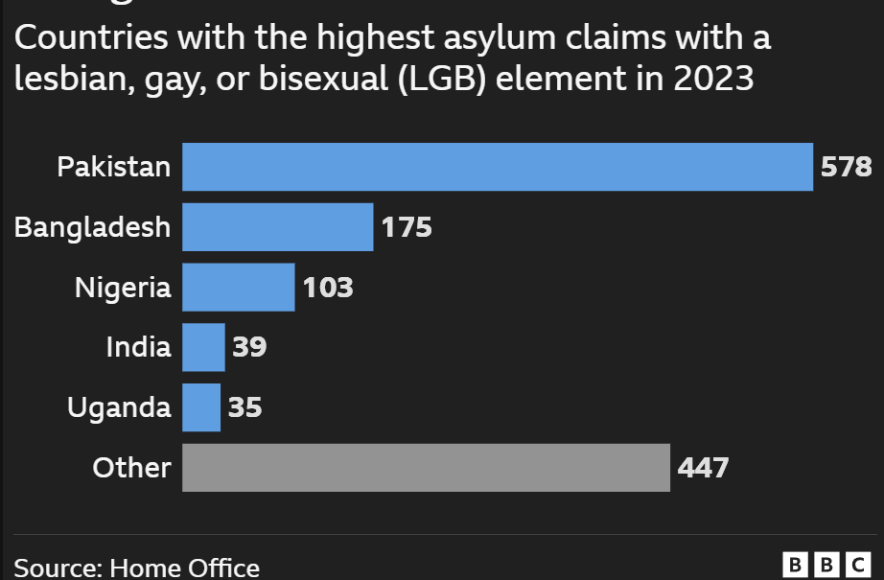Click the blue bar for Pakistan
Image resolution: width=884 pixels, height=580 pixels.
tap(497, 167)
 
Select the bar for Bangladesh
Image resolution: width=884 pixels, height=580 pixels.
tap(277, 227)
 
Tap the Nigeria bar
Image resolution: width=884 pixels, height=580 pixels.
tap(238, 288)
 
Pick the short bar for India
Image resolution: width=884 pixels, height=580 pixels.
tap(203, 347)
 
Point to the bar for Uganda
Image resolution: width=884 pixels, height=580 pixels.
tap(201, 407)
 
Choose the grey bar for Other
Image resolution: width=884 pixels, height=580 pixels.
tap(426, 468)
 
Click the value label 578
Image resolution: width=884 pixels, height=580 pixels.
tap(847, 168)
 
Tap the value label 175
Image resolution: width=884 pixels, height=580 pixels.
tap(407, 227)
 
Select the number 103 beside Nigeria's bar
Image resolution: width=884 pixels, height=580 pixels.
tap(328, 288)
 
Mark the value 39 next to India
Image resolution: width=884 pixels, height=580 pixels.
tap(249, 347)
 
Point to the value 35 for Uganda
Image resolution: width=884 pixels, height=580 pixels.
tap(244, 407)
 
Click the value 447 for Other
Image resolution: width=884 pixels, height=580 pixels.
tap(704, 468)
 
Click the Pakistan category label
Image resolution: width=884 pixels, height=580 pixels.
tap(113, 168)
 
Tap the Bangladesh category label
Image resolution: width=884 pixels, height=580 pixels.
tap(93, 227)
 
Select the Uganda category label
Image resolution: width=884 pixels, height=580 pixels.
tap(119, 407)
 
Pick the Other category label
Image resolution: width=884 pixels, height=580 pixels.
tap(131, 468)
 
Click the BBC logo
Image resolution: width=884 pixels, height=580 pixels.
tap(826, 565)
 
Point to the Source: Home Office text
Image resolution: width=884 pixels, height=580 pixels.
tap(137, 568)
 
